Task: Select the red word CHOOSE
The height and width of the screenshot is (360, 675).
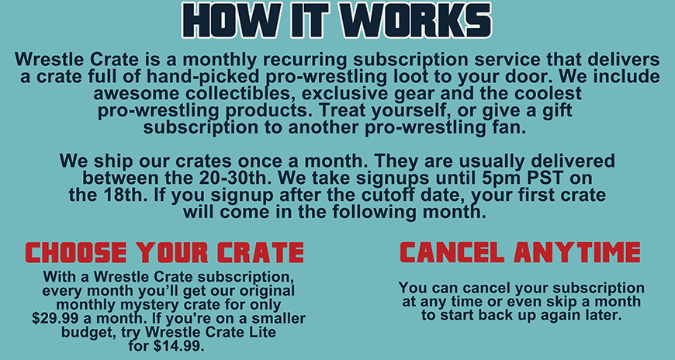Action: (x=76, y=252)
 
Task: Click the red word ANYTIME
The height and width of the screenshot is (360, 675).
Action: (x=576, y=252)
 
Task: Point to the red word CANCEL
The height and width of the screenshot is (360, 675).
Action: (x=452, y=252)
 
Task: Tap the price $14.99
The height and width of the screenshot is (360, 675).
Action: (x=179, y=346)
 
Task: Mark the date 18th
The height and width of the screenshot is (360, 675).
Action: (x=126, y=195)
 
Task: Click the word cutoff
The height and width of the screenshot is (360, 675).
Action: (x=386, y=195)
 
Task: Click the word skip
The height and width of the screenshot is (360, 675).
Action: (x=554, y=302)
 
